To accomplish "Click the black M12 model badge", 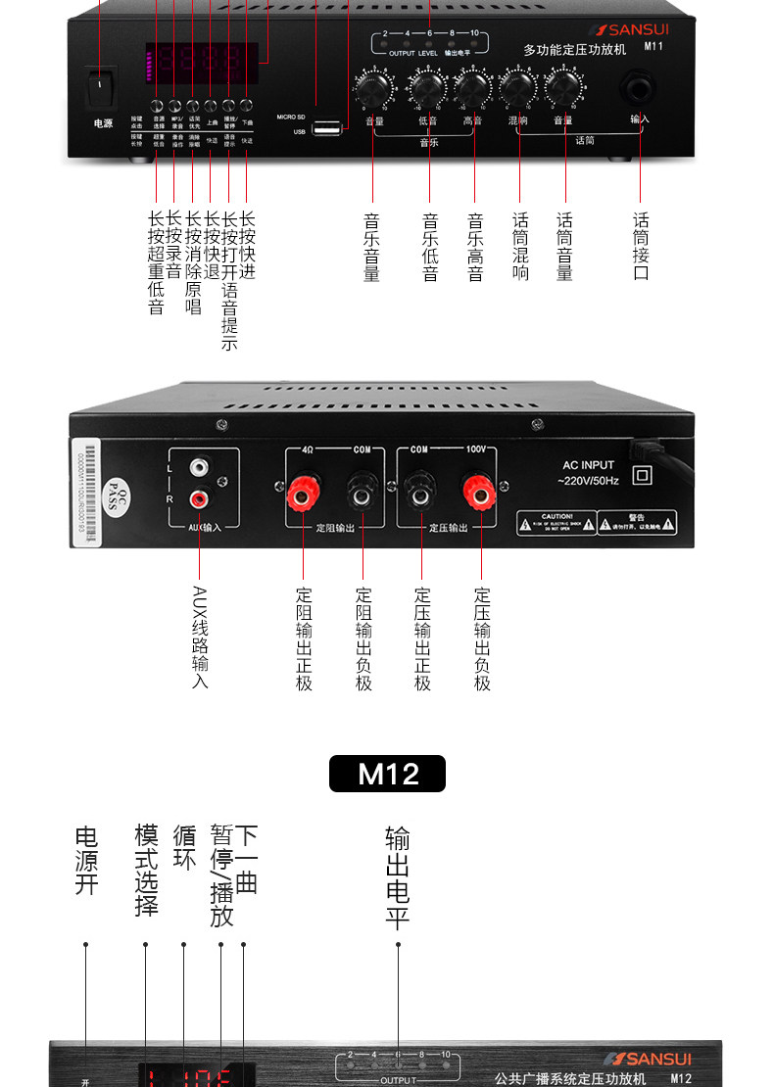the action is tap(388, 773).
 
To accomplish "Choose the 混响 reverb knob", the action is tap(518, 90).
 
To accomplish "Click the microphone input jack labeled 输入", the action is tap(640, 92).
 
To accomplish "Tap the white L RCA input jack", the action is tap(200, 469).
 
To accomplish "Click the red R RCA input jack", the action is tap(200, 498).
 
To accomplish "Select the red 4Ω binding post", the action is tap(303, 495).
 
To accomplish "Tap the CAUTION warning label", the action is tap(556, 521).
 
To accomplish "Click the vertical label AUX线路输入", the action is tap(200, 637).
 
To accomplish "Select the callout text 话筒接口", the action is tap(641, 246).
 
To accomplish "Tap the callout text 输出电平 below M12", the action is tap(398, 876).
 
